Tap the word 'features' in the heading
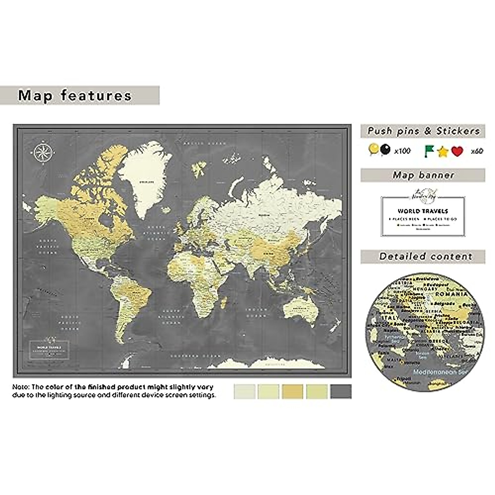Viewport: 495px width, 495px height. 96,96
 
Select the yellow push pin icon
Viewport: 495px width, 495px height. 374,149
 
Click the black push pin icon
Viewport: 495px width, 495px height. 385,149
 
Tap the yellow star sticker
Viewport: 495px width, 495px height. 443,152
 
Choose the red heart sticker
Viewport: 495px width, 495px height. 457,151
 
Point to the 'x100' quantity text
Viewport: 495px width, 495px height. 402,151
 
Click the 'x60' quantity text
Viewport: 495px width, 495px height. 477,151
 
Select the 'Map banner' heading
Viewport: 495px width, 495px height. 423,175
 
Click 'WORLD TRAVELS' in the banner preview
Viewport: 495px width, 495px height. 423,211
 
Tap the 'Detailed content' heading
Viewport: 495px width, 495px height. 425,257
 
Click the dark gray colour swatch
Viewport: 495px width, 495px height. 341,391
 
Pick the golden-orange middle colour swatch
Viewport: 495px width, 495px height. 293,391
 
